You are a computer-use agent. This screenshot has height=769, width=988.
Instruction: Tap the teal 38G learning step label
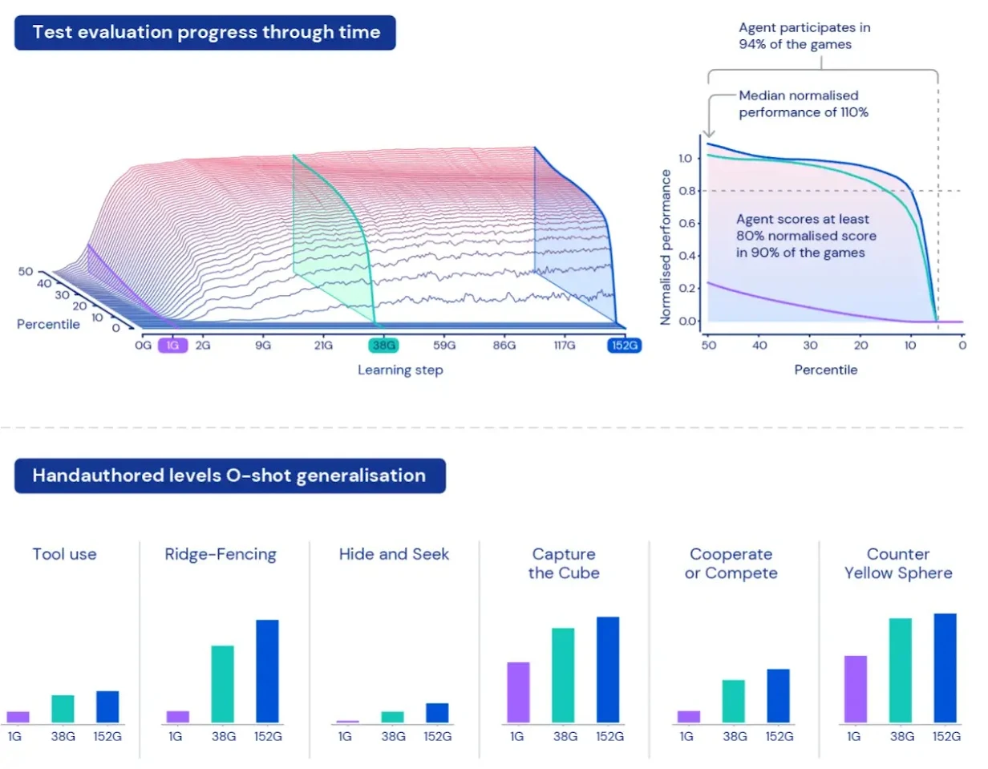click(382, 346)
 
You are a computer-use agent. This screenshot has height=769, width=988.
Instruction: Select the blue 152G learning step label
click(623, 346)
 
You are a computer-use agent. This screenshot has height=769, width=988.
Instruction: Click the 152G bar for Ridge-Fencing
click(267, 670)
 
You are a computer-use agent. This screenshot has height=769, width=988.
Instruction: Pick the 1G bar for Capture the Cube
click(519, 691)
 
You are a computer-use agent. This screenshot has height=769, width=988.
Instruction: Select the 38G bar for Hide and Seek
click(393, 716)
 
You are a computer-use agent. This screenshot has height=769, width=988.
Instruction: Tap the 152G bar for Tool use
click(107, 706)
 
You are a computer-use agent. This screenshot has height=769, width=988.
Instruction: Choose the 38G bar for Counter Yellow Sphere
click(901, 670)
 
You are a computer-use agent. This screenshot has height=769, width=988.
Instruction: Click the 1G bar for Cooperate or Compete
click(688, 716)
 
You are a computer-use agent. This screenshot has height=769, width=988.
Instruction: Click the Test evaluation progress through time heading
click(205, 33)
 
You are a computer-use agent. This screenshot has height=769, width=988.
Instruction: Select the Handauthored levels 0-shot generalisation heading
click(229, 476)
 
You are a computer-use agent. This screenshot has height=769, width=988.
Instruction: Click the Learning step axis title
click(400, 370)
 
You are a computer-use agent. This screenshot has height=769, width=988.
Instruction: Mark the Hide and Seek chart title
click(394, 554)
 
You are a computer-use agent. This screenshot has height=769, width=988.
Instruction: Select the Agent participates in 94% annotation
click(804, 36)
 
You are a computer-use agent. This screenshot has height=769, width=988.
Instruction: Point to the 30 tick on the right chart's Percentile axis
click(811, 346)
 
